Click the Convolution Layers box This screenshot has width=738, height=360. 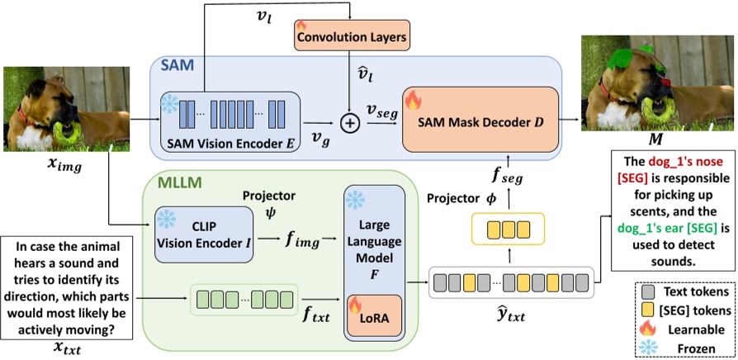click(351, 37)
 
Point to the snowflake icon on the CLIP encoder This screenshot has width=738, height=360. click(165, 218)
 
